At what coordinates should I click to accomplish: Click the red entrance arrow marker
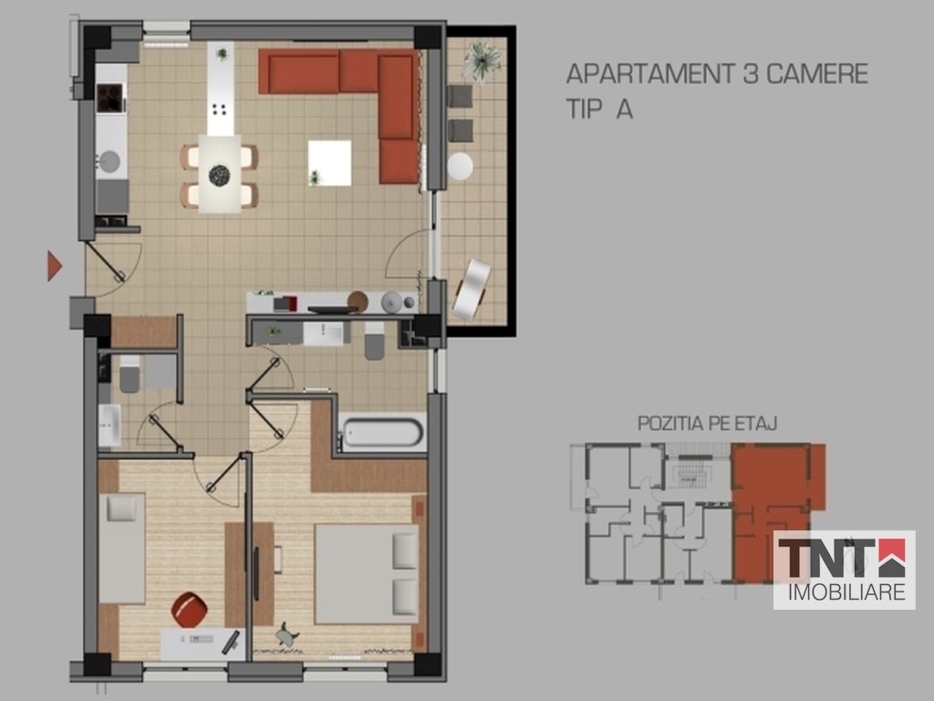coord(54,266)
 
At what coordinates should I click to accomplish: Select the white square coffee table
coord(329,162)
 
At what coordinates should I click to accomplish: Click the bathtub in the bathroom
coord(382,432)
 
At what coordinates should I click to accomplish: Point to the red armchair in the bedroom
coord(190,609)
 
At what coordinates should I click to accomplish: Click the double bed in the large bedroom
coord(367,573)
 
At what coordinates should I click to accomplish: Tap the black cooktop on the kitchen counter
coord(109,98)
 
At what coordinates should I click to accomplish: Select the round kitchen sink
coord(109,162)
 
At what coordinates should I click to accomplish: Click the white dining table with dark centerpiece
coord(220,173)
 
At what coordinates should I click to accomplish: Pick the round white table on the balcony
coord(460,166)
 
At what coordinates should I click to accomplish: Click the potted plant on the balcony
coord(483,60)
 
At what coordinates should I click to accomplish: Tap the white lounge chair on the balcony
coord(472,289)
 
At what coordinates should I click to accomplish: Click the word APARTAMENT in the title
coord(650,74)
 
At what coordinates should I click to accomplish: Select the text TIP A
coord(599,110)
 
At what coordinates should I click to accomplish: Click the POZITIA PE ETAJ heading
coord(707,424)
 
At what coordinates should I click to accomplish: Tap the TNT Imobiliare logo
coord(844,570)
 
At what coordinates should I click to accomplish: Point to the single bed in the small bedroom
coord(122,548)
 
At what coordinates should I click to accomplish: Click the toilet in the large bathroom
coord(375,341)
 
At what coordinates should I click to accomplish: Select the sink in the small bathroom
coord(109,425)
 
